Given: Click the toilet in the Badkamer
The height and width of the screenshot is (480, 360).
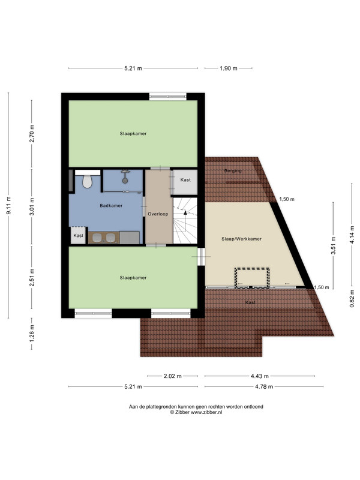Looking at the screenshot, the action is tap(88, 181).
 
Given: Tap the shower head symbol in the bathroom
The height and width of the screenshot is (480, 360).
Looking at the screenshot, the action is tap(125, 177).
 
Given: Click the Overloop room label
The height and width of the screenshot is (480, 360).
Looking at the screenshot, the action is tap(158, 214).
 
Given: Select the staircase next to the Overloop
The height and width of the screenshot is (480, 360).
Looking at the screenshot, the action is tap(185, 220).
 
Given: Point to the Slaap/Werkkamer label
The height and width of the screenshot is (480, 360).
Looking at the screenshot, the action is tap(242, 239).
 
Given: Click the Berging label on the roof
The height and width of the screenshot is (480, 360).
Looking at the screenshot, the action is tap(233, 171).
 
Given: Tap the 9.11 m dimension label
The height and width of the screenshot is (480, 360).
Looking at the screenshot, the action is tap(8, 205).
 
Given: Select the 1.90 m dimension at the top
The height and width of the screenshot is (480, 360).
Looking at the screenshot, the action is tap(229, 68).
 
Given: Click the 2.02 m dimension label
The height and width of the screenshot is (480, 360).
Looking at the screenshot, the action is tap(173, 376).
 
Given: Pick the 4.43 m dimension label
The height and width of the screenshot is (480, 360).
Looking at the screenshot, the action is tap(260, 376).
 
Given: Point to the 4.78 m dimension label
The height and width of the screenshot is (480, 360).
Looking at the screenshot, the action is tap(264, 386).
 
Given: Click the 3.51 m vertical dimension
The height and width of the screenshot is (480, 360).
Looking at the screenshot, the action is tap(334, 245).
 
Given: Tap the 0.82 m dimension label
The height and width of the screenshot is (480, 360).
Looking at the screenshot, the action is tap(352, 298).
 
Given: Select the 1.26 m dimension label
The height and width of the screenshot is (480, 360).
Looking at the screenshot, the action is tap(32, 333).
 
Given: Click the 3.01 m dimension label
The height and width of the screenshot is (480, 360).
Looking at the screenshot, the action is tap(32, 206).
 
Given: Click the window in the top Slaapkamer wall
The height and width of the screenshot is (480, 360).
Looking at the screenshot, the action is tap(168, 97).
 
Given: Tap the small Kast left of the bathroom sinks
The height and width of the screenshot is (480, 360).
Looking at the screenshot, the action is tap(79, 235).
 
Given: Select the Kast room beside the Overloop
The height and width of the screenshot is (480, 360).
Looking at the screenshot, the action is tap(185, 182).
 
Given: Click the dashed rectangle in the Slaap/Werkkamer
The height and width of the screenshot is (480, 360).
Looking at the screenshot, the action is tap(252, 278).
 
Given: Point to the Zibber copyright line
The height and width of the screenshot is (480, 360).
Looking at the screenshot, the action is tap(196, 412).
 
